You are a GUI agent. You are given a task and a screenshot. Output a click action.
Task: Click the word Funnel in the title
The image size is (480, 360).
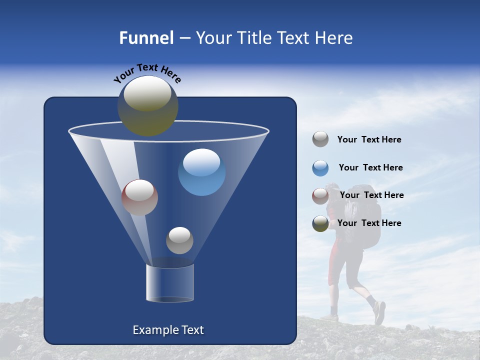[x=146, y=38]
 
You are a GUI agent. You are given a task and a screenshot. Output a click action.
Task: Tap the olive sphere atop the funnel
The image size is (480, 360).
[x=147, y=105]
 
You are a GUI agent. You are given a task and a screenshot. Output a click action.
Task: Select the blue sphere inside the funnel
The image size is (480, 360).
[x=201, y=172]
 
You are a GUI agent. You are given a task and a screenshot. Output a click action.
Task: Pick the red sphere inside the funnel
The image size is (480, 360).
[x=139, y=197]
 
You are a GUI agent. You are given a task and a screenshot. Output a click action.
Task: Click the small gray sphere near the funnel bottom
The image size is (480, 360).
[x=179, y=240]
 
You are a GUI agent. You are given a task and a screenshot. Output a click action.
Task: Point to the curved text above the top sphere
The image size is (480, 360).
[x=147, y=72]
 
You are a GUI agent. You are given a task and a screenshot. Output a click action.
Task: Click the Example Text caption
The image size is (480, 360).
[x=168, y=330]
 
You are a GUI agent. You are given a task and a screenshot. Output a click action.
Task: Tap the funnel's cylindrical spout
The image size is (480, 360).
[x=169, y=283]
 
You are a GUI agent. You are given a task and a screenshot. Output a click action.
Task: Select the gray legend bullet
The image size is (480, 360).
[x=320, y=139]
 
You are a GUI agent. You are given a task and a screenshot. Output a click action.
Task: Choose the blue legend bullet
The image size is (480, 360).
[x=320, y=168]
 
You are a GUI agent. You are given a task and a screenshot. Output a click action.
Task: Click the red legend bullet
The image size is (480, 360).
[x=320, y=196]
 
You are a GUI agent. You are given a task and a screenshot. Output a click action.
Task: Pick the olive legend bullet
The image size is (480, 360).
[x=320, y=223]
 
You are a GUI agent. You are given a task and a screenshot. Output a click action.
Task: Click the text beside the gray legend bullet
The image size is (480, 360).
[x=369, y=140]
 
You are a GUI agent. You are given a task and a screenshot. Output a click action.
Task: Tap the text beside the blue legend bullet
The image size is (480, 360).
[x=370, y=168]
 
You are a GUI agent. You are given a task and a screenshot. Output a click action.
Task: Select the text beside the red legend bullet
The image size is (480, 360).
[x=371, y=195]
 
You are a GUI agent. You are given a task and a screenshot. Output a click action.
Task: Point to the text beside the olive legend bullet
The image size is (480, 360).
[x=369, y=223]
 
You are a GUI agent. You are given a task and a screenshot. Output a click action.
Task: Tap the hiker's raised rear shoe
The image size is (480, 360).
[x=379, y=312]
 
